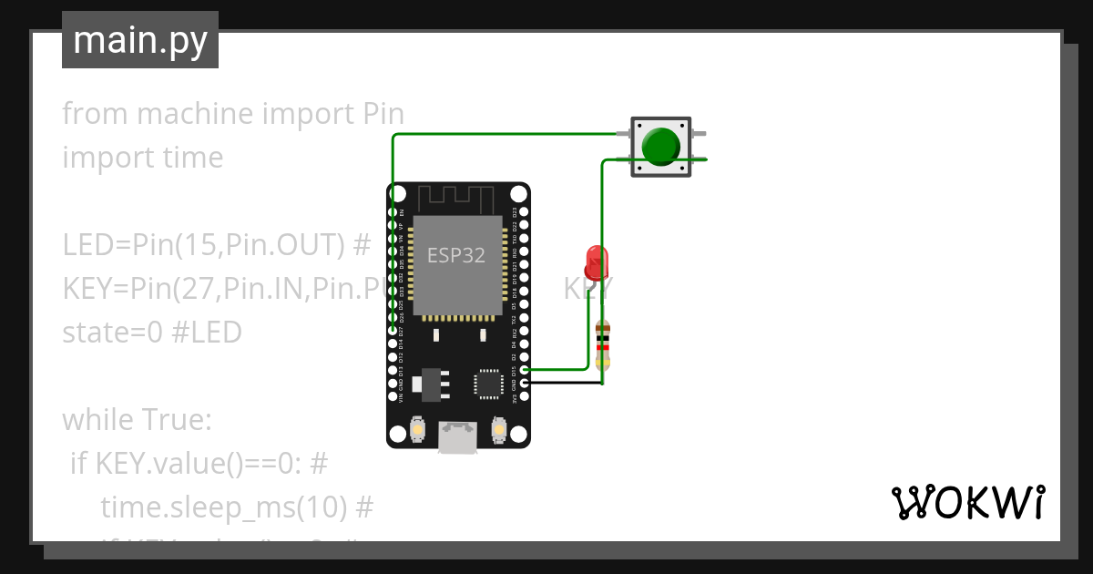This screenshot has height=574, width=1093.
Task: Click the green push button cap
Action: (661, 146)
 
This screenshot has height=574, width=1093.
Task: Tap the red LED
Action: (596, 261)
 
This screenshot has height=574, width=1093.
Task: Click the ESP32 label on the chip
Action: (456, 256)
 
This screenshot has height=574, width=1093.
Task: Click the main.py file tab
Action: (140, 40)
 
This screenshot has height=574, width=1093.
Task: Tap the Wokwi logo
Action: (966, 502)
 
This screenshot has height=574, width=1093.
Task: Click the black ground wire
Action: (565, 383)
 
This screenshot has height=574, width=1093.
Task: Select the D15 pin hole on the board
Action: (524, 370)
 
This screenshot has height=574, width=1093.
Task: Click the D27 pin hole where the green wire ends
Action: (393, 330)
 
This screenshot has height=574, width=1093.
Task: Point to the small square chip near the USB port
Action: (487, 384)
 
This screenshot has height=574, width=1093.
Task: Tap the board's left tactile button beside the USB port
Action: (417, 428)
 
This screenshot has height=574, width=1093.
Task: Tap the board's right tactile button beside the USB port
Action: (498, 428)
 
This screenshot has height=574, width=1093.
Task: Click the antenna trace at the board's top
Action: (456, 197)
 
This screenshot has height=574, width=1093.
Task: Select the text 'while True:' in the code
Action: (137, 420)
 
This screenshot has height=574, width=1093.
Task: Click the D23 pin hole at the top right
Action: (524, 211)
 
